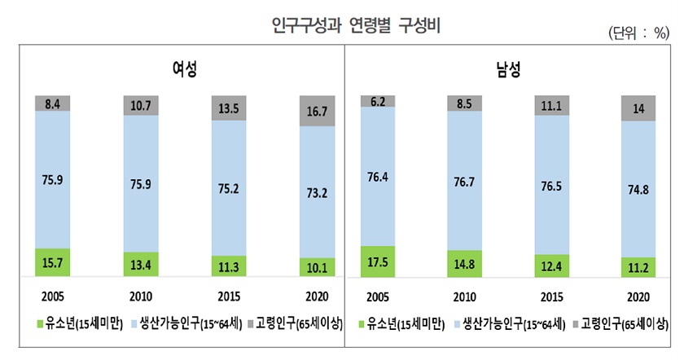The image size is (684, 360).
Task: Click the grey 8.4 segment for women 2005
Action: (x=52, y=103)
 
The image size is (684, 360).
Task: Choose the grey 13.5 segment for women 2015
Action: (x=229, y=108)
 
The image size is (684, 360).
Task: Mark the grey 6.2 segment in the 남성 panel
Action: (x=378, y=101)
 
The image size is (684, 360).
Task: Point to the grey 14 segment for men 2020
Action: (x=638, y=108)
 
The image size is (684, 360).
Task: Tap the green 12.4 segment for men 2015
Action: (x=551, y=266)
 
